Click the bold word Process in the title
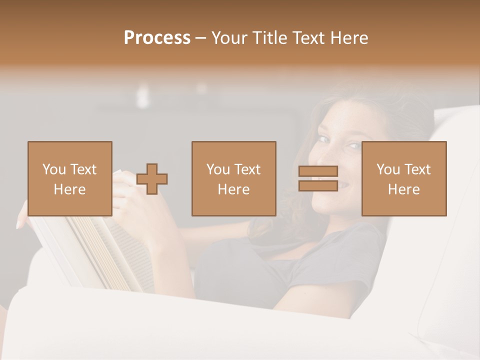[x=157, y=38]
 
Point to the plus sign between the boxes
[x=152, y=179]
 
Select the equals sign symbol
[x=318, y=178]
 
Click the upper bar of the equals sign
[x=318, y=171]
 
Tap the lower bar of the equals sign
[x=318, y=185]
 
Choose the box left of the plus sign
[x=69, y=178]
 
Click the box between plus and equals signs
[x=233, y=178]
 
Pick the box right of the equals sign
[x=404, y=178]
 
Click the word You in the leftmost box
[x=54, y=169]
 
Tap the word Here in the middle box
[x=233, y=189]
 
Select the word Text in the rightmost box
[x=417, y=169]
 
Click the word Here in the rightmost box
[x=404, y=189]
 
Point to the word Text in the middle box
[x=247, y=169]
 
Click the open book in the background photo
[x=95, y=250]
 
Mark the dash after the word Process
[x=201, y=38]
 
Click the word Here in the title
[x=349, y=38]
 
